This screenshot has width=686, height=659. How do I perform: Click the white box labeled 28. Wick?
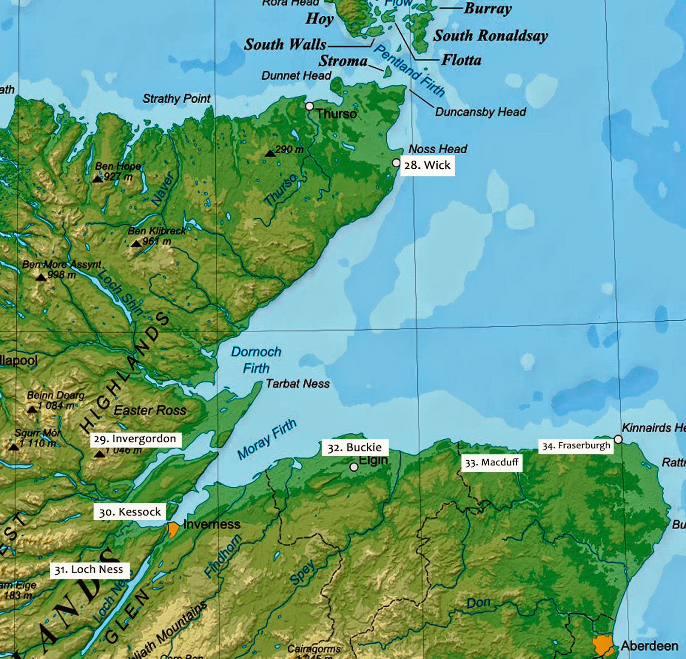pyautogui.click(x=427, y=165)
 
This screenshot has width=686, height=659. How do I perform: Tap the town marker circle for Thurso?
pyautogui.click(x=309, y=106)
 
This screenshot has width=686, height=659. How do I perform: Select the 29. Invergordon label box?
pyautogui.click(x=135, y=439)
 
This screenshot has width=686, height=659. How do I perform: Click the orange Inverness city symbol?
pyautogui.click(x=173, y=529)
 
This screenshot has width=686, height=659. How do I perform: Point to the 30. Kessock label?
pyautogui.click(x=130, y=512)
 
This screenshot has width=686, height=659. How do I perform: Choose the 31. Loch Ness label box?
pyautogui.click(x=89, y=570)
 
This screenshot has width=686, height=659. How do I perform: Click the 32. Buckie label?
pyautogui.click(x=355, y=447)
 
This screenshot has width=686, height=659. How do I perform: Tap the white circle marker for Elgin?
pyautogui.click(x=354, y=467)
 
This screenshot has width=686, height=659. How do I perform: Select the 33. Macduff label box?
pyautogui.click(x=492, y=462)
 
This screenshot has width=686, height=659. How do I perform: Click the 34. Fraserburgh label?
pyautogui.click(x=576, y=446)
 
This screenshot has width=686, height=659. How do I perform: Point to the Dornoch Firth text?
pyautogui.click(x=256, y=360)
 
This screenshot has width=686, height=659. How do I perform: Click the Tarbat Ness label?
pyautogui.click(x=298, y=384)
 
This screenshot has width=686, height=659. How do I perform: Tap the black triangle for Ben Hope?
pyautogui.click(x=98, y=179)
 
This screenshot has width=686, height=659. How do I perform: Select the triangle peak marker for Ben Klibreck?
pyautogui.click(x=136, y=244)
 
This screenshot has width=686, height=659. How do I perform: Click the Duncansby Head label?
pyautogui.click(x=480, y=112)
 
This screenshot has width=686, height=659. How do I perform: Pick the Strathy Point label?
pyautogui.click(x=176, y=98)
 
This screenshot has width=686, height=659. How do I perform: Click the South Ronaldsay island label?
pyautogui.click(x=490, y=36)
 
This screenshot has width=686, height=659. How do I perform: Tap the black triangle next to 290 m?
pyautogui.click(x=270, y=153)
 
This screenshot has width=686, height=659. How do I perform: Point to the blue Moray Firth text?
pyautogui.click(x=267, y=439)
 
